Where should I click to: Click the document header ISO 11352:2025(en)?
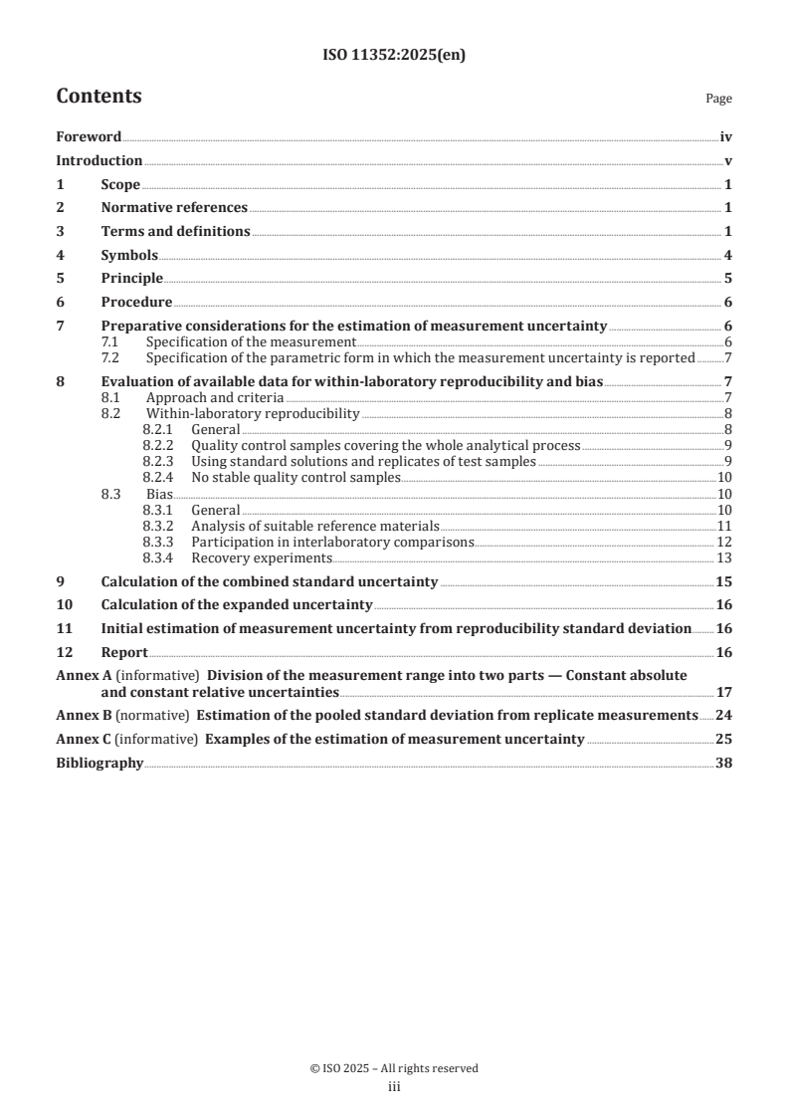click(x=394, y=56)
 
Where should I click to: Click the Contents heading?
click(x=99, y=97)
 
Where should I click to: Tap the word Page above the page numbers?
click(x=718, y=99)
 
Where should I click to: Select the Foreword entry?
click(x=89, y=137)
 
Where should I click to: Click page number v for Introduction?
click(x=728, y=161)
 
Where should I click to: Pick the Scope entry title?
click(x=120, y=184)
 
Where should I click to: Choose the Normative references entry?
click(x=174, y=208)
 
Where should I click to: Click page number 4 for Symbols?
click(x=728, y=255)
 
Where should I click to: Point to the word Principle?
click(x=132, y=278)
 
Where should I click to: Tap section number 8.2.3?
click(x=158, y=461)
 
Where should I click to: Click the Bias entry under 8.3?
click(x=159, y=494)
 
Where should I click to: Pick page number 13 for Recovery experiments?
click(x=725, y=558)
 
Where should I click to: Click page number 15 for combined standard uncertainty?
click(x=724, y=581)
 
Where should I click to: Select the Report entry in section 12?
click(x=124, y=652)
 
